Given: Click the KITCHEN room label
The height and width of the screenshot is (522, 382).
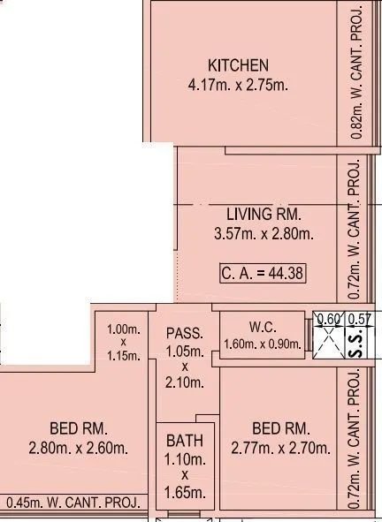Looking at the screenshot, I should (238, 66).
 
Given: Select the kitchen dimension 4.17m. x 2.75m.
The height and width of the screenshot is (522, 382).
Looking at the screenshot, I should (238, 86).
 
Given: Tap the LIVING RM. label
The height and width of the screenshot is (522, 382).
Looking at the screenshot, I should (264, 215).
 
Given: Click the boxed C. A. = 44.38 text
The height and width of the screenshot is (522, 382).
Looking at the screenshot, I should (263, 273).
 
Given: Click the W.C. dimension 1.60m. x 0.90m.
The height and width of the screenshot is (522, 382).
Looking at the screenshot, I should (263, 344).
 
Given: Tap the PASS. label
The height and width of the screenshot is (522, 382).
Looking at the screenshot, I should (186, 334).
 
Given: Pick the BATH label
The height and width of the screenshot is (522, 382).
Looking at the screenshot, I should (186, 442).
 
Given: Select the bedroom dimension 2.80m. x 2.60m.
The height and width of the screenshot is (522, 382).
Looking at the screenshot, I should (78, 448).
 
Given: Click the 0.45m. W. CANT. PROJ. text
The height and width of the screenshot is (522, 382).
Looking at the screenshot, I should (73, 503).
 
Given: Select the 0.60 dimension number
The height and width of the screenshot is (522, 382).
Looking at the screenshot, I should (329, 319).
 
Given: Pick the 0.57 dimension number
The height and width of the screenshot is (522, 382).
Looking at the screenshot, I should (358, 319).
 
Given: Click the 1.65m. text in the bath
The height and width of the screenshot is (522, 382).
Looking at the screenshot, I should (186, 491).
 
